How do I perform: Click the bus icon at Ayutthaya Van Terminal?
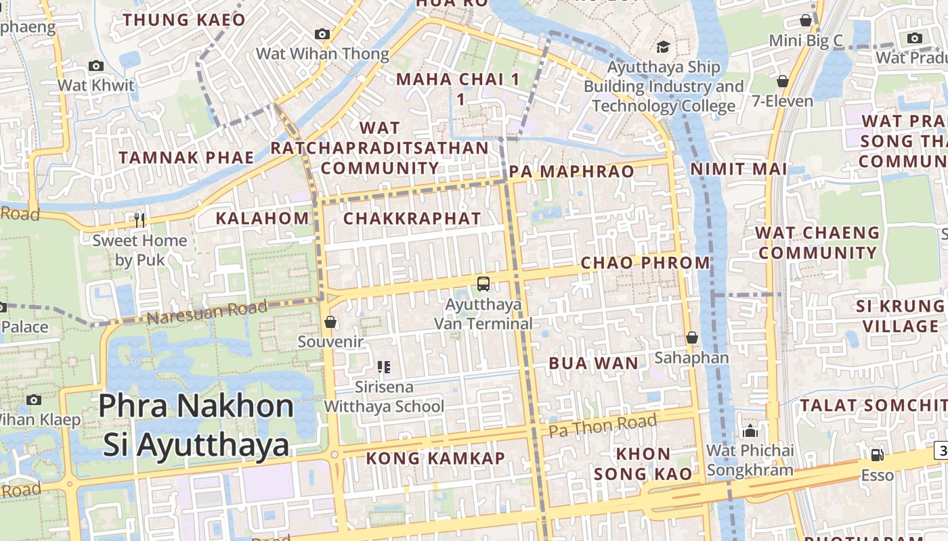click(483, 284)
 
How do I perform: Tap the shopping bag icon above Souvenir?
click(330, 322)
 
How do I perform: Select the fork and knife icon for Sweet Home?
click(139, 220)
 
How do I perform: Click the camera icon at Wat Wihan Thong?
click(322, 34)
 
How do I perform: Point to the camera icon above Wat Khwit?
click(96, 66)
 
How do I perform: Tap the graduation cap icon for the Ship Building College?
click(663, 47)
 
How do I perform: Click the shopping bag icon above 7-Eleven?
click(783, 81)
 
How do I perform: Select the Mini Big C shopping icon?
click(806, 20)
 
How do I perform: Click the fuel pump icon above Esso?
click(877, 455)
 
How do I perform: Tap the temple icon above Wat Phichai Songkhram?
click(750, 431)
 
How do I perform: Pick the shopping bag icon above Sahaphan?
click(692, 337)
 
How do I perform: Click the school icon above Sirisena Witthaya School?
click(384, 367)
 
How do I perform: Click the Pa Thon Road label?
click(602, 426)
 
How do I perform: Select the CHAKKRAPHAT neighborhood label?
click(412, 218)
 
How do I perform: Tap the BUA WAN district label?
click(593, 363)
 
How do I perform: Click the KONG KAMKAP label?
click(435, 458)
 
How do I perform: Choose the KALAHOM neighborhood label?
click(262, 218)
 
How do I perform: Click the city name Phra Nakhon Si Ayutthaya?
click(196, 425)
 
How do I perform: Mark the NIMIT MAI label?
click(739, 169)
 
